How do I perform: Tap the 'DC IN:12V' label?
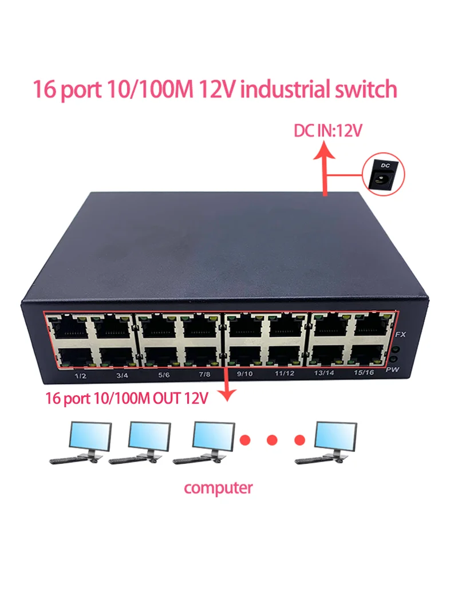[328, 131]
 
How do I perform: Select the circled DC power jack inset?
[384, 174]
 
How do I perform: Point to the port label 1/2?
[80, 376]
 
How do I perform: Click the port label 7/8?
[204, 375]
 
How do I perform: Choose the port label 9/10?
[245, 374]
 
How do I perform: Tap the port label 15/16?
[364, 372]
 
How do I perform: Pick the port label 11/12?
[285, 373]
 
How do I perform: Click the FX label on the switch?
[400, 334]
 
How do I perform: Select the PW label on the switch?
[393, 369]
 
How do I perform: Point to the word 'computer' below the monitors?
[218, 488]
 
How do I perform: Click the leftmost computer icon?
[81, 443]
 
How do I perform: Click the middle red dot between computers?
[272, 440]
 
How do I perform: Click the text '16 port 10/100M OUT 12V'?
[127, 398]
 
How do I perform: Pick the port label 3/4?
[123, 375]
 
